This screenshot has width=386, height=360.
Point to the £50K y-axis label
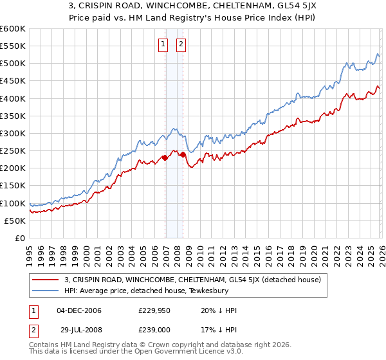pos(15,221)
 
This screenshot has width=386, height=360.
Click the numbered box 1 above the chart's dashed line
pos(163,44)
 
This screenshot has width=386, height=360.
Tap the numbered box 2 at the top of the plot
pos(181,44)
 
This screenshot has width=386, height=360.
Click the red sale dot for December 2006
pos(165,157)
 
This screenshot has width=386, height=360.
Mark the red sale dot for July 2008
pos(183,154)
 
